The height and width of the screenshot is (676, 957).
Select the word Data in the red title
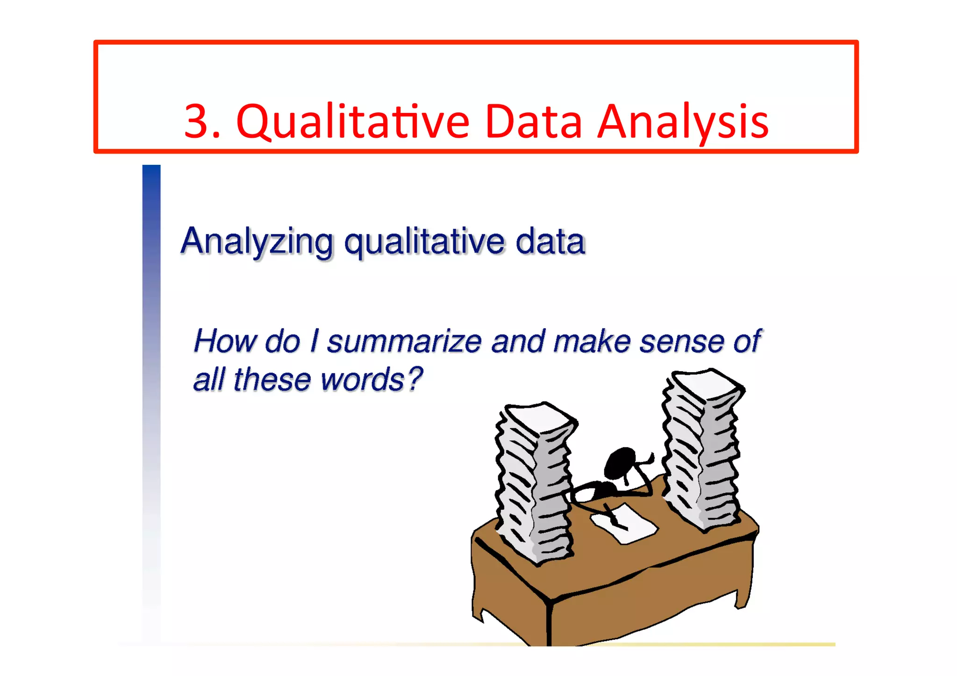coord(533,122)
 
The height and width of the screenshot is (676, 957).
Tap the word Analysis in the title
coord(683,122)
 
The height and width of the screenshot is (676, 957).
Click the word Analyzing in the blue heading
coord(257,242)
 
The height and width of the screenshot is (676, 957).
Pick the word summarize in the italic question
coord(404,341)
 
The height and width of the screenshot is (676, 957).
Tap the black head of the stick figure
coord(620,462)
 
